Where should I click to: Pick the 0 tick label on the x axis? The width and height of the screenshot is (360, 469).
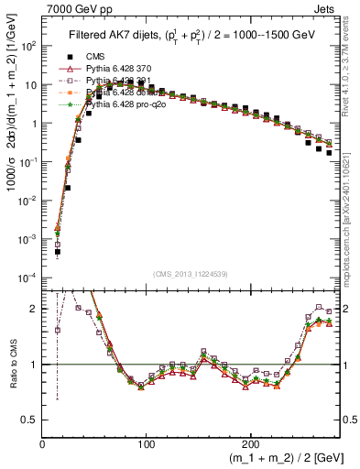[43, 443]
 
